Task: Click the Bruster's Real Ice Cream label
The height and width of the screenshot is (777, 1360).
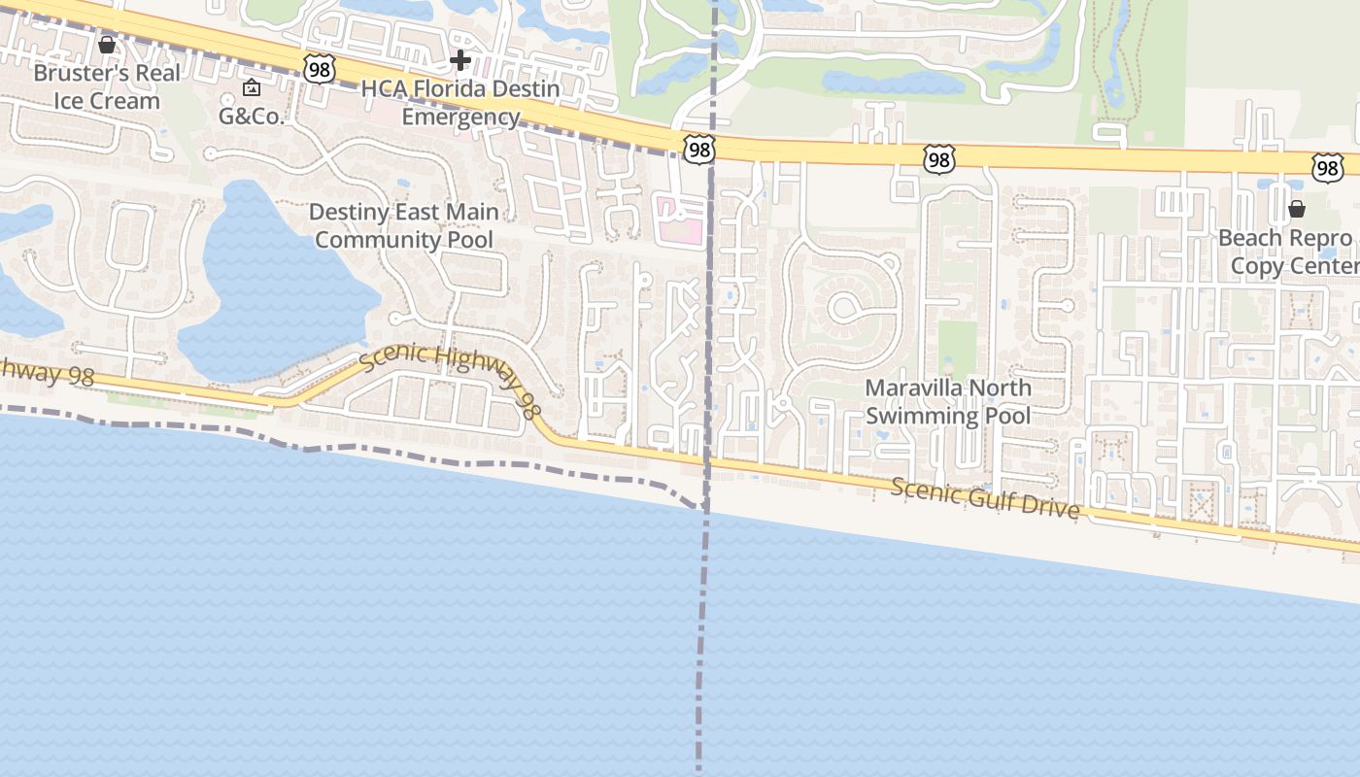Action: [107, 86]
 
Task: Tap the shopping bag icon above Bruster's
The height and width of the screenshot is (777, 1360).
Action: [107, 45]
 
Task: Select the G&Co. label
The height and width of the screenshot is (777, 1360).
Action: [251, 117]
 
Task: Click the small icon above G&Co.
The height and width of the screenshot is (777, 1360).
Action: [252, 88]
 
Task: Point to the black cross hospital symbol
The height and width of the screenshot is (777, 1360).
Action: [460, 61]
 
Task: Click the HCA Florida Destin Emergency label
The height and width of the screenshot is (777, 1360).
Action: [460, 103]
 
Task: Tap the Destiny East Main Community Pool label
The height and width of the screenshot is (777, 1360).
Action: [404, 225]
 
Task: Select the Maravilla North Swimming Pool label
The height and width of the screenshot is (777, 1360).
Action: [948, 402]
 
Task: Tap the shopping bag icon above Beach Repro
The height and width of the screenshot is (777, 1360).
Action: [1296, 209]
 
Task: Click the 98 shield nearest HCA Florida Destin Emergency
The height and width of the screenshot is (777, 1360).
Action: [319, 68]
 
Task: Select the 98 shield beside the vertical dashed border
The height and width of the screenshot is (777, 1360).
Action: [698, 150]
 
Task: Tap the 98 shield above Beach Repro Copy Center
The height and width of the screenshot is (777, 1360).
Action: [1327, 167]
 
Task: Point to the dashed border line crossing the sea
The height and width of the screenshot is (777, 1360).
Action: [701, 641]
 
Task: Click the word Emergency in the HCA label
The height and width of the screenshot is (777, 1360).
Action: [460, 118]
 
